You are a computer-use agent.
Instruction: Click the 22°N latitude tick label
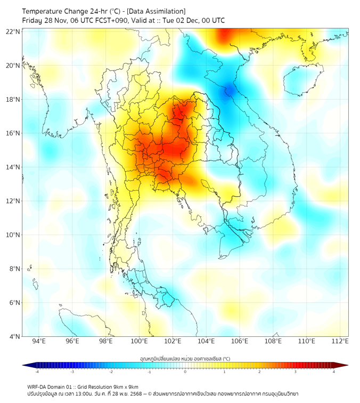coord(13,31)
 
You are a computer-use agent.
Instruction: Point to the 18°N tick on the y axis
coord(13,99)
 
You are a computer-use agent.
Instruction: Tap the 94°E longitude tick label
coord(39,342)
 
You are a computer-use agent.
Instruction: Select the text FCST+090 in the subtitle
coord(110,20)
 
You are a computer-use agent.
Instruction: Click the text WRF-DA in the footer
coord(37,386)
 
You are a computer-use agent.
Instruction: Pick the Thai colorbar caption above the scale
coord(185,359)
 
